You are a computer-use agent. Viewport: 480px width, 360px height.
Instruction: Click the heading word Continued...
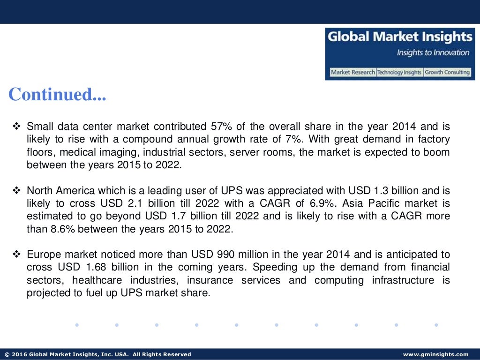click(x=57, y=95)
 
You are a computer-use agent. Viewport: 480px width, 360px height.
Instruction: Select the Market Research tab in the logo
click(x=352, y=73)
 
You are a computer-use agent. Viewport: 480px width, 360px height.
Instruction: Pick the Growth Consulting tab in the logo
click(x=447, y=73)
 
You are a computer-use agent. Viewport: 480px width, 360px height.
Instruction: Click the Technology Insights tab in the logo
click(x=399, y=73)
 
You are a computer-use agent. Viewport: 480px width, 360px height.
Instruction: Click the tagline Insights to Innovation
click(x=433, y=52)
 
